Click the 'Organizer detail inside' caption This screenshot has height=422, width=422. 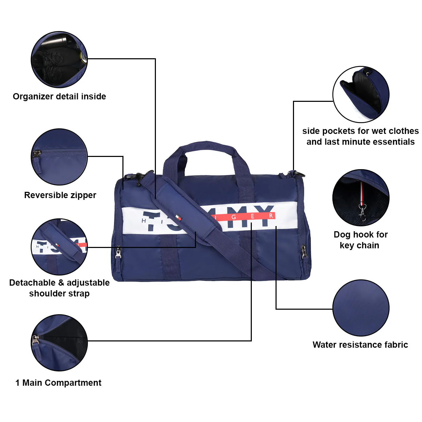(x=59, y=97)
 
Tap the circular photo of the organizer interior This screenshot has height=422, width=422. (x=59, y=59)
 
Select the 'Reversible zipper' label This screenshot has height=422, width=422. (x=60, y=195)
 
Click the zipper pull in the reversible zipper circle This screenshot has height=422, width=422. (x=36, y=154)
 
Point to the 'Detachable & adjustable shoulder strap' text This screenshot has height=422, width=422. (x=59, y=288)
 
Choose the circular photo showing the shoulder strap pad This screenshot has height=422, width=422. (x=59, y=247)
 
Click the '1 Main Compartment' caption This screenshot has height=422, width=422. (x=58, y=383)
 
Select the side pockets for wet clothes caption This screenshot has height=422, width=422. (x=360, y=136)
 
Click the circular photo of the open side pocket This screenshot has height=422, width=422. (x=361, y=94)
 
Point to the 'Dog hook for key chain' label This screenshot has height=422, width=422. (x=360, y=240)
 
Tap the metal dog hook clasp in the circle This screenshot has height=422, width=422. (x=363, y=212)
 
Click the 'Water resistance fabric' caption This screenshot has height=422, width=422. (x=360, y=345)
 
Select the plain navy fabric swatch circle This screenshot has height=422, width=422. (x=361, y=308)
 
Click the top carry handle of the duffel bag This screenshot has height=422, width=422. (x=206, y=146)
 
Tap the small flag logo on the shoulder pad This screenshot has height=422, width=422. (x=178, y=218)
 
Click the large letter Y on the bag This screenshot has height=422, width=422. (x=264, y=216)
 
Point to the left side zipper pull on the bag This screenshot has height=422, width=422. (x=118, y=253)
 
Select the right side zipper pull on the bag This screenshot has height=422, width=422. (x=304, y=251)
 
